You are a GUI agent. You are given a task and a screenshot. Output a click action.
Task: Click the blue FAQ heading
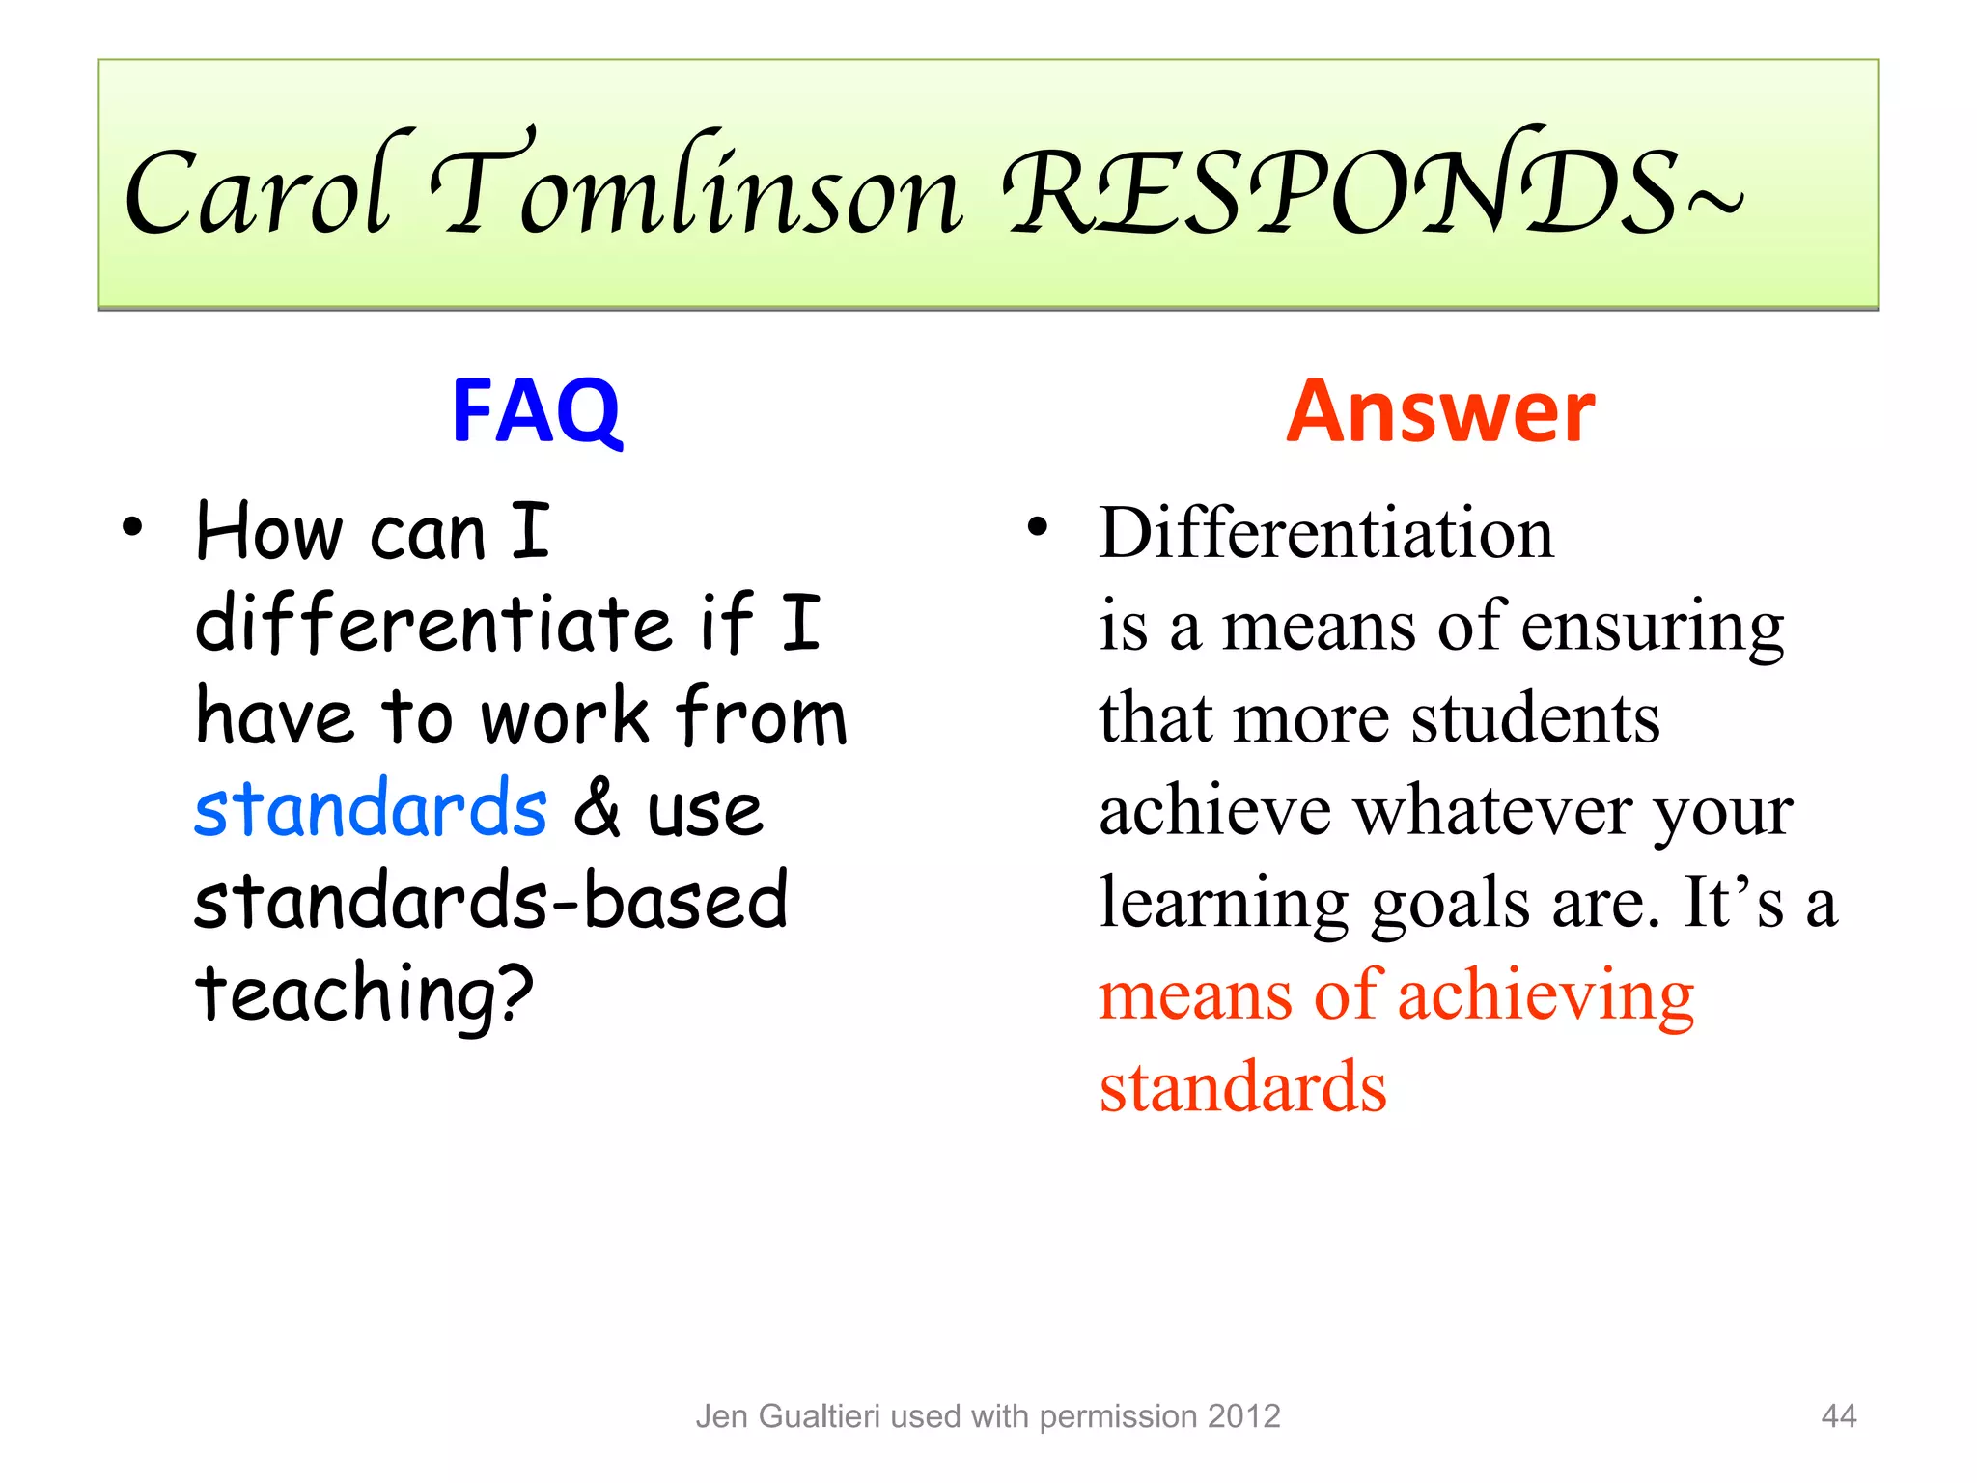tap(537, 412)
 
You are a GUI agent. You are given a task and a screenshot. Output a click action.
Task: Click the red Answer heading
tap(1440, 412)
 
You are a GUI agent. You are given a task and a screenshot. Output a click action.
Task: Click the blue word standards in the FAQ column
tap(371, 809)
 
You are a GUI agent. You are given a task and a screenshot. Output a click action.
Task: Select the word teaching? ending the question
tap(364, 994)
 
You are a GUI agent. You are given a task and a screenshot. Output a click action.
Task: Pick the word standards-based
tap(491, 901)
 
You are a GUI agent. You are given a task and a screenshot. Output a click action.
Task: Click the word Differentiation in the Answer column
tap(1326, 533)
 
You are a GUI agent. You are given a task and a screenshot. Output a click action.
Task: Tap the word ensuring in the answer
tap(1653, 628)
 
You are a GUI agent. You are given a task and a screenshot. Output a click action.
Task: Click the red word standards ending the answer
tap(1243, 1088)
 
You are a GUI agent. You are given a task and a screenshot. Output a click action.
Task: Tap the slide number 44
tap(1838, 1416)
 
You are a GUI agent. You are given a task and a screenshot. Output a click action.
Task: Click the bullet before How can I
tap(132, 528)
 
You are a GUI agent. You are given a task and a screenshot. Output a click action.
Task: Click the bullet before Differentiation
tap(1037, 528)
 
